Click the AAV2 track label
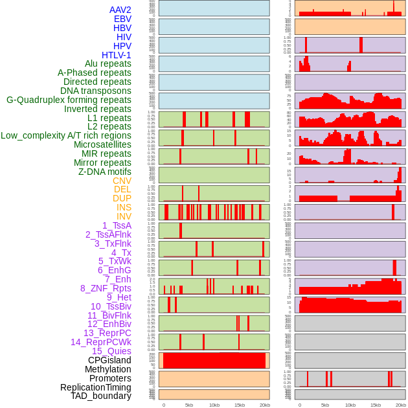pos(120,10)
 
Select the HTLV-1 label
pos(117,55)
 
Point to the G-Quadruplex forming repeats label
pos(69,100)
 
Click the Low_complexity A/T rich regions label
pos(66,135)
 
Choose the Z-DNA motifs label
pos(105,172)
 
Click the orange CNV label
pos(122,181)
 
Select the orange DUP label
pos(122,198)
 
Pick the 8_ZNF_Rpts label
pos(106,288)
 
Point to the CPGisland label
pos(109,360)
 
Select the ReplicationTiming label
pos(95,387)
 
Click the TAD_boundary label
pos(101,396)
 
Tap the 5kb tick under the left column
pos(189,405)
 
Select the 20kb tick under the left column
pos(265,405)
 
